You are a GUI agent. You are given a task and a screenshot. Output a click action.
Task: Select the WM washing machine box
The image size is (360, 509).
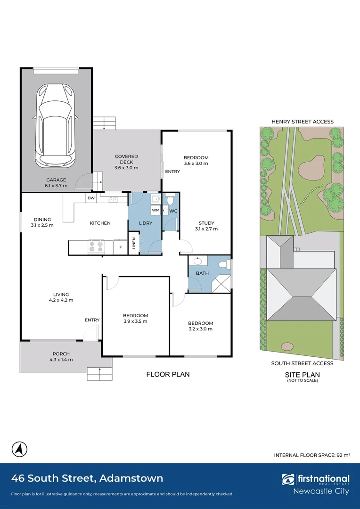pyautogui.click(x=156, y=210)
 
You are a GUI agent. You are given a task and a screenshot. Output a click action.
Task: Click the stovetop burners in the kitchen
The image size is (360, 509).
pyautogui.click(x=96, y=246)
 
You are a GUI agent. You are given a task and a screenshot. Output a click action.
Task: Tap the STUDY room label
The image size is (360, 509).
pyautogui.click(x=206, y=223)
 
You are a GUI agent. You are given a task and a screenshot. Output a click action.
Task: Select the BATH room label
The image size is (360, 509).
pyautogui.click(x=202, y=273)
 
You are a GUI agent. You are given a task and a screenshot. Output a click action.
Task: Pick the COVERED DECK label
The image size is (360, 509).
pyautogui.click(x=126, y=159)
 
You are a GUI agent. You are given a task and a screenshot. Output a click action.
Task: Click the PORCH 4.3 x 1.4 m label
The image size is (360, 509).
pyautogui.click(x=61, y=356)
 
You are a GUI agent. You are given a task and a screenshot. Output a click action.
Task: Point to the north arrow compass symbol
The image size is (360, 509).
pyautogui.click(x=19, y=450)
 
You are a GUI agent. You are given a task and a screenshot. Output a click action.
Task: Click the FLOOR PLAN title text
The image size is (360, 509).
pyautogui.click(x=168, y=374)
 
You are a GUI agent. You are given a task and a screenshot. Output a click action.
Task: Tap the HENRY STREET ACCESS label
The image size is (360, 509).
pyautogui.click(x=302, y=122)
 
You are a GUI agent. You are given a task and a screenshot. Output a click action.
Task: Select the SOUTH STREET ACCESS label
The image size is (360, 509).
pyautogui.click(x=302, y=363)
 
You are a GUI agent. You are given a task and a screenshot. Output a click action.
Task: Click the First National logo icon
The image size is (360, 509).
pyautogui.click(x=288, y=479)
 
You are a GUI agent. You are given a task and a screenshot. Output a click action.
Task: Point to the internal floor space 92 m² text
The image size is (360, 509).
pyautogui.click(x=312, y=455)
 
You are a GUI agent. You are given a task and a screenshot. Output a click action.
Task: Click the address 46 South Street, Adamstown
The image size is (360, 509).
pyautogui.click(x=87, y=478)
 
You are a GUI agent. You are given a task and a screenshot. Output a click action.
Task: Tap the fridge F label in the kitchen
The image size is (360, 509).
pyautogui.click(x=121, y=247)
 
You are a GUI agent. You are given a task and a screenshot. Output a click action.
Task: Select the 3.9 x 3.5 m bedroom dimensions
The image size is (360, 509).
pyautogui.click(x=135, y=321)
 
